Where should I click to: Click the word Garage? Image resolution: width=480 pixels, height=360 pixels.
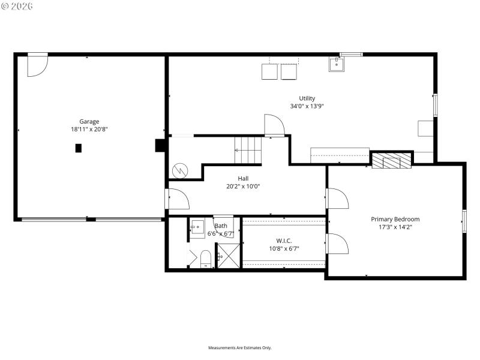coord(89,121)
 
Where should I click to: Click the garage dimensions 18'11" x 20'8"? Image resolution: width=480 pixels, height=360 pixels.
coord(89,129)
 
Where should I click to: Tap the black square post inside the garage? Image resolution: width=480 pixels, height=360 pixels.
coord(78,148)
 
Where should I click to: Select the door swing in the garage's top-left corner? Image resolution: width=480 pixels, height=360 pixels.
coord(37,65)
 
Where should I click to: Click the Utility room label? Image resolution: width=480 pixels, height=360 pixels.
coord(307,98)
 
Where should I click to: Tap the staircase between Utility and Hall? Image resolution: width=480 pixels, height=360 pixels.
coord(248,151)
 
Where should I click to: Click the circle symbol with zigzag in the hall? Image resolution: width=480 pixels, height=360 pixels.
coord(179,171)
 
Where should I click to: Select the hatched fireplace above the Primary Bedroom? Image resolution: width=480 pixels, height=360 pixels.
coord(392,160)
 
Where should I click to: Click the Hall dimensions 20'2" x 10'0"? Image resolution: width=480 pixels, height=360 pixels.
coord(243,186)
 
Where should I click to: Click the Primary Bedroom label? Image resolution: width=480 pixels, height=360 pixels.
coord(395,219)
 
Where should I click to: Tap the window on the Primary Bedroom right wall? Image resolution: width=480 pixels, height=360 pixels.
coord(464,220)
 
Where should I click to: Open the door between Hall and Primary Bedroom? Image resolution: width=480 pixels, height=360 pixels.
coord(336,199)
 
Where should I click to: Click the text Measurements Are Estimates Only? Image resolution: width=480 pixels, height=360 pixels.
coord(240,348)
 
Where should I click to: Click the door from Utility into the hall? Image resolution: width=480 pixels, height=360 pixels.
coord(274,125)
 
